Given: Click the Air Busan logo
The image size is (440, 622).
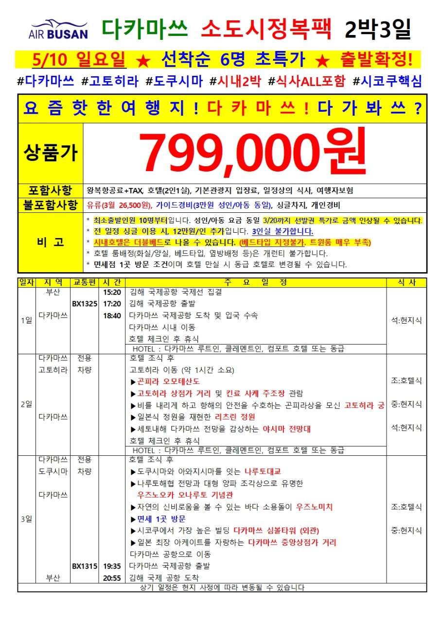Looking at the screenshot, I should tap(58, 29).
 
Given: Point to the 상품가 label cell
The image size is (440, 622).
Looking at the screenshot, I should tap(51, 153).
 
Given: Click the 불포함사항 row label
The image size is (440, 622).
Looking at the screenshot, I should tap(51, 205).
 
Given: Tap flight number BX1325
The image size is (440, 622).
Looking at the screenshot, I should tap(85, 304).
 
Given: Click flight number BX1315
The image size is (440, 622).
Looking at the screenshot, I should tap(85, 566).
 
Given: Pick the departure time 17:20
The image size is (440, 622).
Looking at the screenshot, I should tap(112, 304).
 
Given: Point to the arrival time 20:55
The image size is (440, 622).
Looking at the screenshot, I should tap(112, 578).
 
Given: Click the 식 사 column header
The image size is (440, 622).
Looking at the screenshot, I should tap(406, 282).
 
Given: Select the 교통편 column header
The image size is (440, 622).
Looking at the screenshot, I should tap(85, 282).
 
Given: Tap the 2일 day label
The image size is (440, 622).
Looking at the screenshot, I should tap(27, 404).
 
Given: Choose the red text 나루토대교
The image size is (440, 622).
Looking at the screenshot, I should tap(263, 471).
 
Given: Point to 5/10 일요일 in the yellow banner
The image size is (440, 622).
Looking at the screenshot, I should tap(80, 59).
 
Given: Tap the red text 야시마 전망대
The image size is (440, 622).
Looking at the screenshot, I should tap(286, 429).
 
